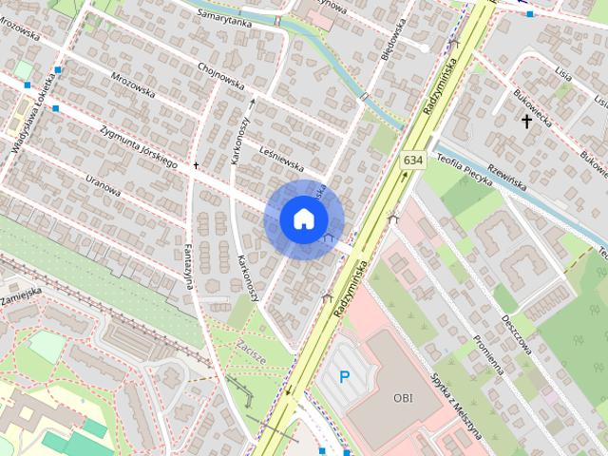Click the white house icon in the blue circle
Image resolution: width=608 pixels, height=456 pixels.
point(302,218)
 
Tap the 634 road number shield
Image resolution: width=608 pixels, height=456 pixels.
point(411,161)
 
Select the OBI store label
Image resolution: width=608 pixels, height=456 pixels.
point(403,398)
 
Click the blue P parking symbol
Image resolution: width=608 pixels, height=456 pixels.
point(345,378)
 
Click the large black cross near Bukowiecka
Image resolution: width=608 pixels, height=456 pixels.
point(526,121)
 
